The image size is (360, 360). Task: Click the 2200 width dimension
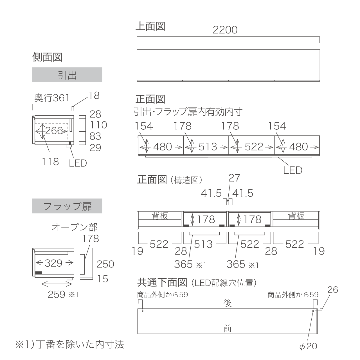click(225, 30)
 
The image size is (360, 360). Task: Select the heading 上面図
click(150, 26)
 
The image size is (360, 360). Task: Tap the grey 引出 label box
click(67, 75)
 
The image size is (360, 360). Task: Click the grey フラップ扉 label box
click(67, 206)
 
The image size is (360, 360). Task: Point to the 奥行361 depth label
click(52, 98)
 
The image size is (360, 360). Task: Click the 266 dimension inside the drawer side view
click(54, 130)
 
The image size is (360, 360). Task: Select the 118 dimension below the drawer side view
click(50, 162)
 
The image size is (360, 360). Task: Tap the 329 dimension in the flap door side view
click(54, 263)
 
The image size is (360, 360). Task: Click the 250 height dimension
click(105, 264)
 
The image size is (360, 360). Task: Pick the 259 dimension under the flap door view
click(57, 295)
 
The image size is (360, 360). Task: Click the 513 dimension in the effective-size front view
click(208, 147)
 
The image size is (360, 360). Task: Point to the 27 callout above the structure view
click(234, 178)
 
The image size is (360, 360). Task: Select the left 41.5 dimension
click(211, 193)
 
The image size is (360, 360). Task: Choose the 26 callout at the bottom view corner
click(333, 290)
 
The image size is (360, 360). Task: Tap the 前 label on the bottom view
click(228, 328)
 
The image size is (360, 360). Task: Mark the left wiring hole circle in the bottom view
click(143, 311)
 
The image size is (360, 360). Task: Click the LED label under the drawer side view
click(78, 163)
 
